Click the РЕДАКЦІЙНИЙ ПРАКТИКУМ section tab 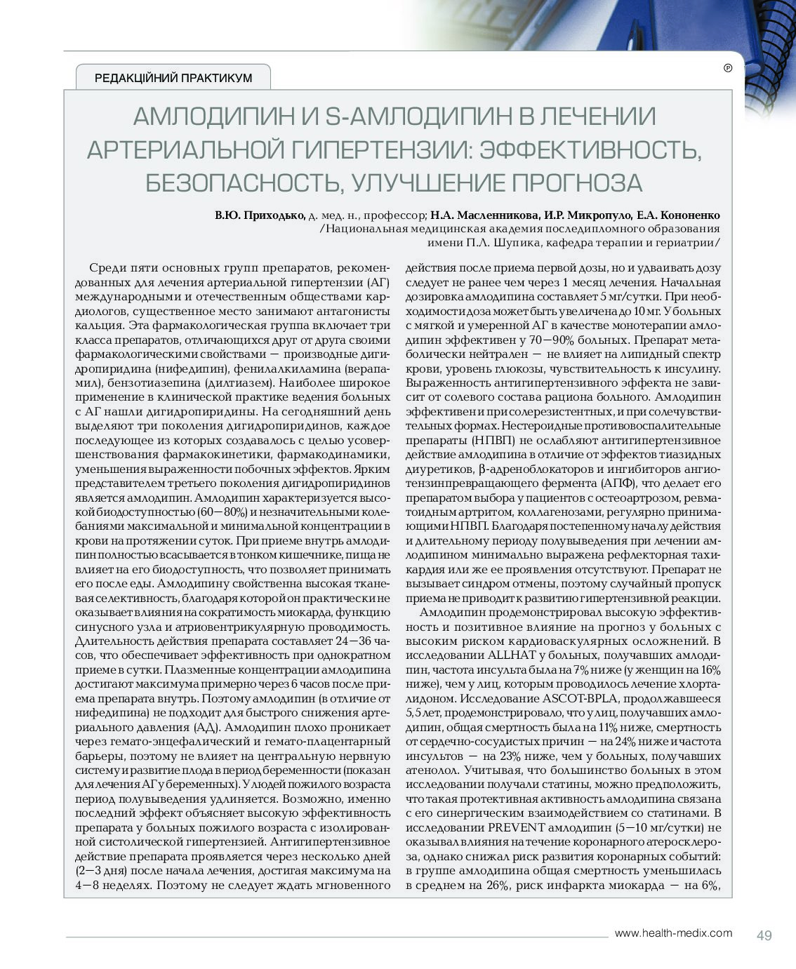pos(173,78)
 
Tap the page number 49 pos(764,935)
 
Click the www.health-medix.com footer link pos(672,933)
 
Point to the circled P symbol pos(727,68)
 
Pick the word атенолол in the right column pos(430,770)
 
